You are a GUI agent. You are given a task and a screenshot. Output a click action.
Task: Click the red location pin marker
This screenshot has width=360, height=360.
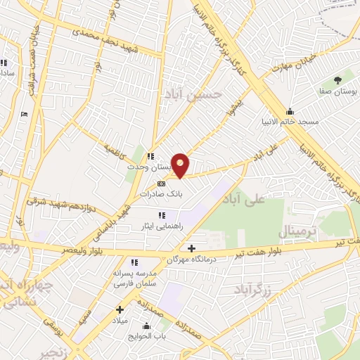(181, 165)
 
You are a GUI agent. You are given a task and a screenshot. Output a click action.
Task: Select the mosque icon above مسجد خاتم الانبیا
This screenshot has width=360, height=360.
(290, 111)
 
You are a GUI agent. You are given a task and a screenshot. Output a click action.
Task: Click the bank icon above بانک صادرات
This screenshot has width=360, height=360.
(162, 183)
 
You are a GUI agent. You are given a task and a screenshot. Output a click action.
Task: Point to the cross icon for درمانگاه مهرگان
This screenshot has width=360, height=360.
(191, 247)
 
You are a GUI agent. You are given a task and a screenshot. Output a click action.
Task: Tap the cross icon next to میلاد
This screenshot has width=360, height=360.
(120, 309)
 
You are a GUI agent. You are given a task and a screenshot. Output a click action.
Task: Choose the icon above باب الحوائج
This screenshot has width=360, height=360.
(146, 326)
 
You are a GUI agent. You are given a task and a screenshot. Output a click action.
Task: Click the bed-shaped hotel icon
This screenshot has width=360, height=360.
(25, 114)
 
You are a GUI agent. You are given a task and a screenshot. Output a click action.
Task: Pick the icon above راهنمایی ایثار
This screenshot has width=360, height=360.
(161, 215)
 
